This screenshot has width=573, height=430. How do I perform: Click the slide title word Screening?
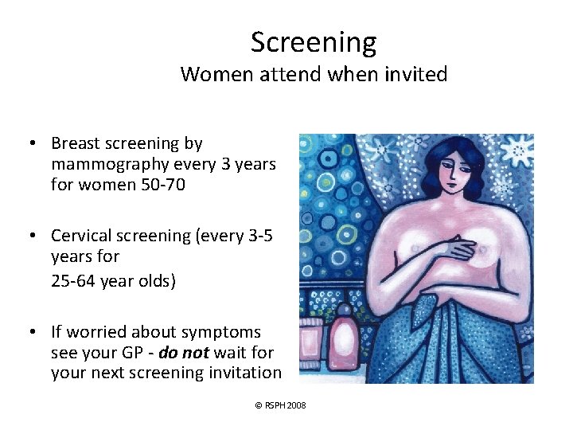(314, 42)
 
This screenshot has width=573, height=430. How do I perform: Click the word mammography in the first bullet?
(104, 164)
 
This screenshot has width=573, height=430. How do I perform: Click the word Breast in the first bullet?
(76, 144)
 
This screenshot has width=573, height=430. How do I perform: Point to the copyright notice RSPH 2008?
(280, 406)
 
